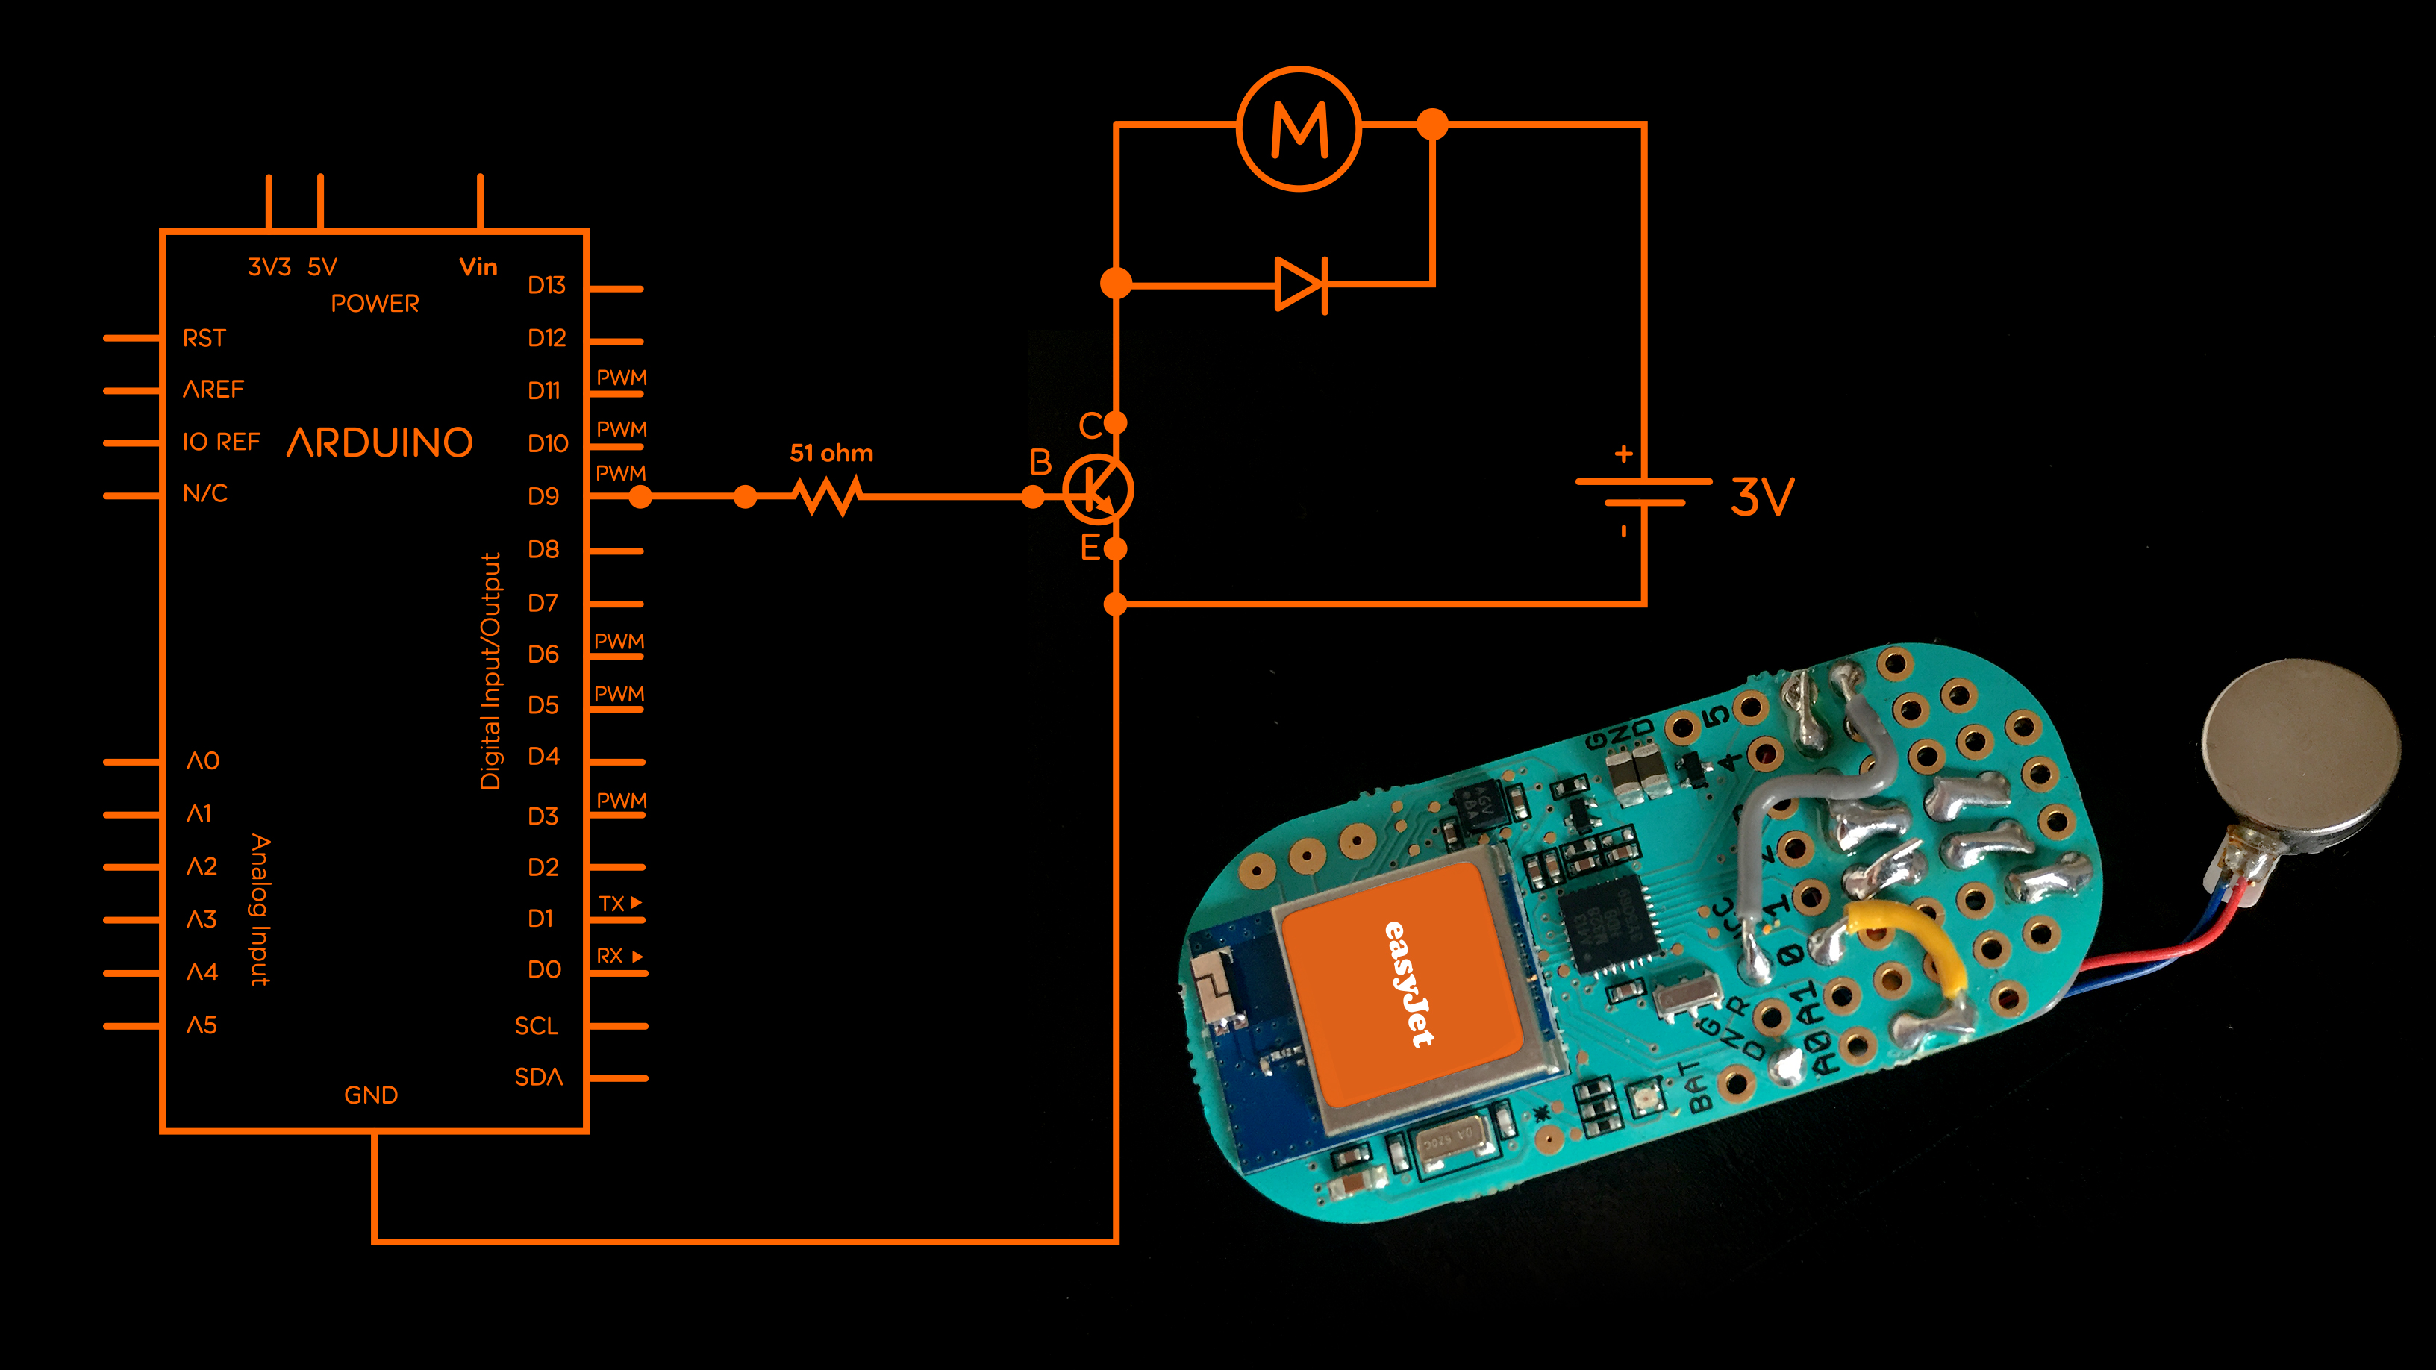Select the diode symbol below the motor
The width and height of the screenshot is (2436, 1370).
click(x=1302, y=284)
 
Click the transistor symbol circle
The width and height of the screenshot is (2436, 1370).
click(x=1097, y=489)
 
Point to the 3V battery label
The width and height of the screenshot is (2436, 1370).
click(x=1762, y=496)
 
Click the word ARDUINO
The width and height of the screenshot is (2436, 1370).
click(x=379, y=442)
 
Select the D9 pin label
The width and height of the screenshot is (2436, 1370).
click(x=544, y=496)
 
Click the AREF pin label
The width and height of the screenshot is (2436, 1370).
click(x=213, y=390)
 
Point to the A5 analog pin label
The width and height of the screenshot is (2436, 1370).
click(x=202, y=1025)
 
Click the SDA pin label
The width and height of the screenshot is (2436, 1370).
click(x=538, y=1077)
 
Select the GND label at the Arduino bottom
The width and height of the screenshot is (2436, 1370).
click(x=371, y=1095)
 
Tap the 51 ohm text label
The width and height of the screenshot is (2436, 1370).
click(x=831, y=453)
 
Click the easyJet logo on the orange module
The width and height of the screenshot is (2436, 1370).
click(x=1409, y=983)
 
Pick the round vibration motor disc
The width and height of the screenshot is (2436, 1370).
click(x=2301, y=747)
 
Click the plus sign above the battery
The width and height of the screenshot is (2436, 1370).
click(x=1624, y=454)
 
